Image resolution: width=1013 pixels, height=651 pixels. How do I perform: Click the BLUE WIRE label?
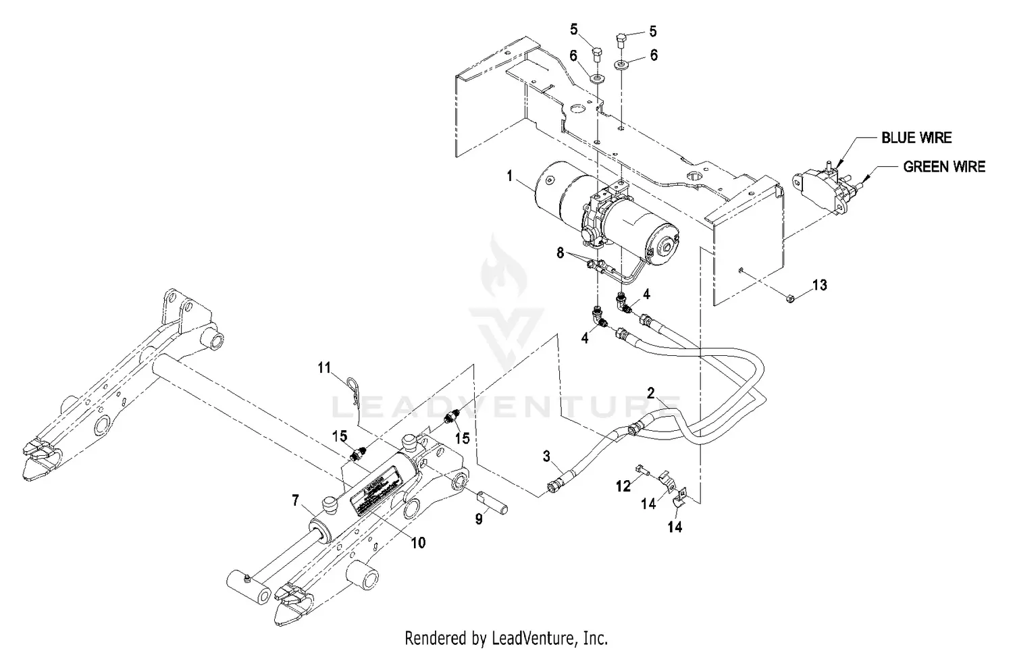pos(916,138)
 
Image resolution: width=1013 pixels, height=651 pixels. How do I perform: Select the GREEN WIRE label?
pos(943,166)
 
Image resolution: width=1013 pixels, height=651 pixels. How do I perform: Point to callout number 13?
pos(819,285)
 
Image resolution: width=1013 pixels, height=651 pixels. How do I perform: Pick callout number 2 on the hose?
pos(651,392)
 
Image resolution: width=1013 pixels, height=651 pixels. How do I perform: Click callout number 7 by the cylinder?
pos(295,500)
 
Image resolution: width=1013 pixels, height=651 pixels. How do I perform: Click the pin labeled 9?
pos(493,504)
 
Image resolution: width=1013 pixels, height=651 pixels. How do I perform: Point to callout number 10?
pos(418,542)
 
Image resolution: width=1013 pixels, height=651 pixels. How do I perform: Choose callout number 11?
pos(326,367)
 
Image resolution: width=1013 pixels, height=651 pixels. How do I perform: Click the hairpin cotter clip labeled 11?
pos(356,391)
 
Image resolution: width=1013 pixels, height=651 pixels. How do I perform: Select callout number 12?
pos(623,485)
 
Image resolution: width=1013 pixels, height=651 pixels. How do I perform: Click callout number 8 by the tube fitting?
pos(560,253)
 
